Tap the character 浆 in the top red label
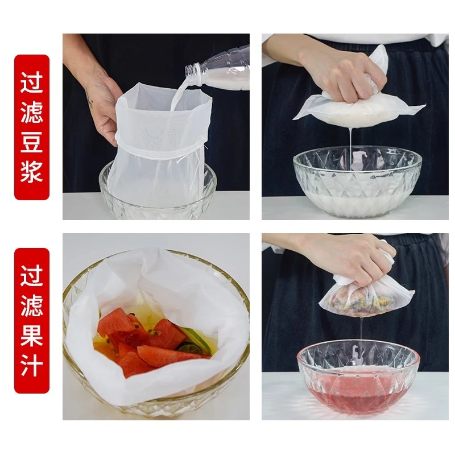(32, 171)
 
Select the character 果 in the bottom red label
(32, 335)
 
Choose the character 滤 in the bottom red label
(32, 305)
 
